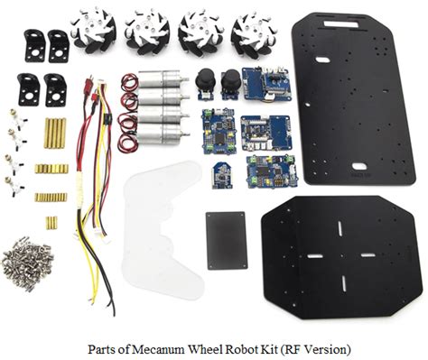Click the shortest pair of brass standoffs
pyautogui.click(x=51, y=222)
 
